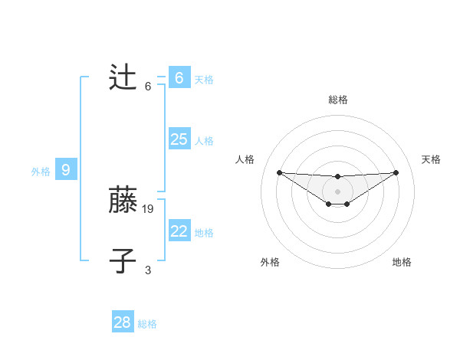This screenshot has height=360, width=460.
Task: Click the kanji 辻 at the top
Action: [x=123, y=78]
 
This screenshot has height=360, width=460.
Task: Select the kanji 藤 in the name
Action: [x=123, y=201]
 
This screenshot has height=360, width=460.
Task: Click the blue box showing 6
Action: [x=179, y=78]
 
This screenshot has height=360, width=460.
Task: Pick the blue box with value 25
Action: [x=179, y=139]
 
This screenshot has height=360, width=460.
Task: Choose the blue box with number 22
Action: [x=179, y=231]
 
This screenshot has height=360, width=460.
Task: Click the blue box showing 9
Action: [x=66, y=170]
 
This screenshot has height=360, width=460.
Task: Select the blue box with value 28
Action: [x=123, y=322]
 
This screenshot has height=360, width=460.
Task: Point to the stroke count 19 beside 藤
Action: [x=149, y=208]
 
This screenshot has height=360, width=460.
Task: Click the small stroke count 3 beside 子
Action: [x=148, y=270]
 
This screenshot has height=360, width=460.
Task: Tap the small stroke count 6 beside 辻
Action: [x=148, y=86]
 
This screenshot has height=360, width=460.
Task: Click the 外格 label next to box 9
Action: [x=41, y=172]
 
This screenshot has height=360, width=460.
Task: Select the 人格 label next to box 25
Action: [x=204, y=141]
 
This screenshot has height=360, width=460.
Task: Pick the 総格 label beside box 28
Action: [x=147, y=324]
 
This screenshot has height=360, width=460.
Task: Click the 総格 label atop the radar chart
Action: [x=337, y=100]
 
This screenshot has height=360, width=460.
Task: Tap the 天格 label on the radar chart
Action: [x=432, y=159]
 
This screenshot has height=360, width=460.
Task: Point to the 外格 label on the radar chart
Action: [x=270, y=262]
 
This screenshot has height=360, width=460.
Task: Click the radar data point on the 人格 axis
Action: [x=279, y=172]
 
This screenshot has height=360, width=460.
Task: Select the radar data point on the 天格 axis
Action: [x=396, y=172]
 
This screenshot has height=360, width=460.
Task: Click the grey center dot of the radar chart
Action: [x=337, y=191]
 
